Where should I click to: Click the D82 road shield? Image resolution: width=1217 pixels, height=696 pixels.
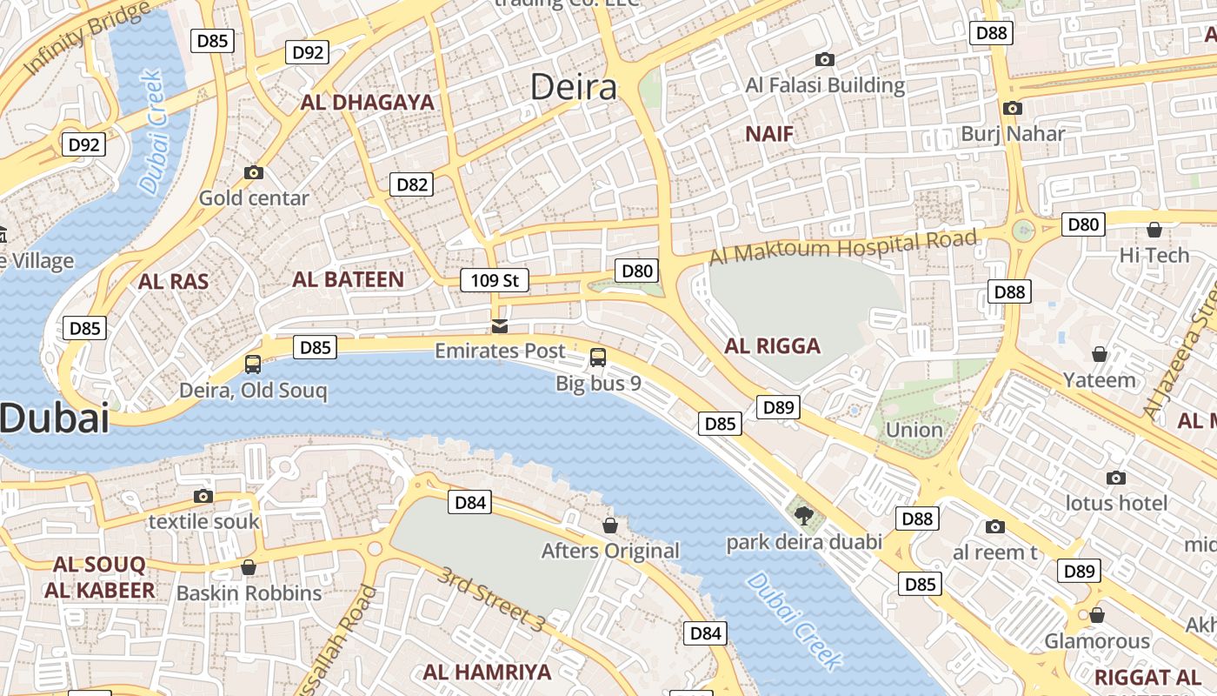tap(412, 184)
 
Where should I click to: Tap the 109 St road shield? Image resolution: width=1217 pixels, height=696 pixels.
tap(494, 280)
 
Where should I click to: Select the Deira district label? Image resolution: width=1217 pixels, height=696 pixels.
tap(574, 87)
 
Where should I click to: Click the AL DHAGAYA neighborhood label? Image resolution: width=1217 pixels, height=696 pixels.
tap(367, 103)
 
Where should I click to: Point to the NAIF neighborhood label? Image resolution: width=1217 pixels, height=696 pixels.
tap(769, 134)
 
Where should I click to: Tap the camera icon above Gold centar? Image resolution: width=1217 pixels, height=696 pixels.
tap(254, 172)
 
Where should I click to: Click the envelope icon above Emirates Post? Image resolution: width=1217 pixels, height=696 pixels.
tap(500, 326)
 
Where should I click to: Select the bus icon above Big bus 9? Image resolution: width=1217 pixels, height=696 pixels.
tap(598, 357)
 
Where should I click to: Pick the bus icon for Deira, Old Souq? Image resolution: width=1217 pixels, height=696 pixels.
tap(253, 365)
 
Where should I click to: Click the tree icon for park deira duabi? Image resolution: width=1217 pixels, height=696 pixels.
tap(804, 516)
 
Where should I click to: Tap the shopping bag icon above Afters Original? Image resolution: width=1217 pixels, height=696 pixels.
tap(610, 525)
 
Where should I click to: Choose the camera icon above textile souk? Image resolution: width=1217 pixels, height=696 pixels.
tap(203, 496)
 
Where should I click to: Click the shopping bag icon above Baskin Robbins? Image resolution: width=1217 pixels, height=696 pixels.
tap(249, 567)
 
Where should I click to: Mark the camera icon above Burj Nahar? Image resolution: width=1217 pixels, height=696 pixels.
tap(1012, 108)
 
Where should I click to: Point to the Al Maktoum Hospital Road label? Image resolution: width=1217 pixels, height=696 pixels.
tap(843, 247)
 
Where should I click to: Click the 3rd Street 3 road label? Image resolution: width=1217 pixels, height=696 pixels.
tap(491, 599)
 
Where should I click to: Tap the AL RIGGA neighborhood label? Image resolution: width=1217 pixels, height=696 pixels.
tap(772, 346)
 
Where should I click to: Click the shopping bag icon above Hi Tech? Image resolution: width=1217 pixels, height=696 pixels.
tap(1154, 230)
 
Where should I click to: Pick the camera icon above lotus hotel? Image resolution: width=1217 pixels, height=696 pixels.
tap(1116, 478)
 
